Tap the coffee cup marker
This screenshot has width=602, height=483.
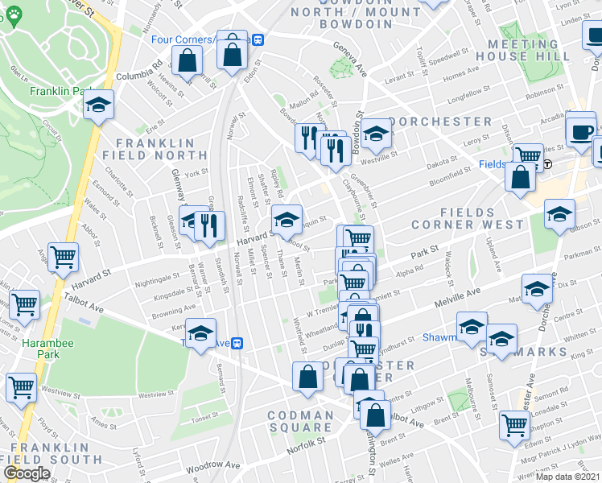(x=580, y=131)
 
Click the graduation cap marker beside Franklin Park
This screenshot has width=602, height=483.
(x=98, y=105)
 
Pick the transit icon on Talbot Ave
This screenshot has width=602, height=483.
(x=237, y=343)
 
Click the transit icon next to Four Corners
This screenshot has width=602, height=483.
(x=258, y=39)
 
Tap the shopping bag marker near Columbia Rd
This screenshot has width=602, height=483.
(x=188, y=61)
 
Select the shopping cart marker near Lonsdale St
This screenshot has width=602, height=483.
(x=513, y=424)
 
